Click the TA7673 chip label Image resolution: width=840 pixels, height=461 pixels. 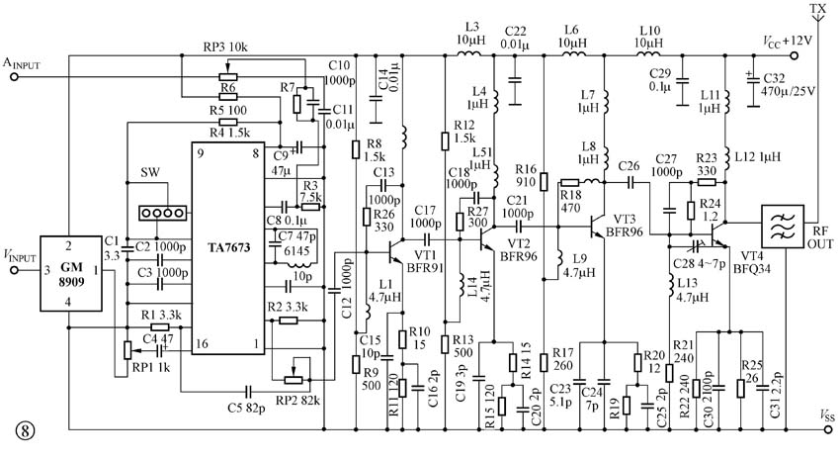pyautogui.click(x=228, y=247)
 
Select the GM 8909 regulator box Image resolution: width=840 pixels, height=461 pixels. pyautogui.click(x=71, y=273)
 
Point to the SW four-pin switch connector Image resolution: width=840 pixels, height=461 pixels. pyautogui.click(x=163, y=213)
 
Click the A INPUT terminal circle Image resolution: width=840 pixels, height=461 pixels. pyautogui.click(x=15, y=76)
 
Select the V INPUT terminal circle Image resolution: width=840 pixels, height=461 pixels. pyautogui.click(x=15, y=270)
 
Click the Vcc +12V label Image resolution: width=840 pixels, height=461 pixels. pyautogui.click(x=788, y=42)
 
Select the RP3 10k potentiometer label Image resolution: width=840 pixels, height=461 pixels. pyautogui.click(x=225, y=47)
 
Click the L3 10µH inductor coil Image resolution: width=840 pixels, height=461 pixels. pyautogui.click(x=469, y=53)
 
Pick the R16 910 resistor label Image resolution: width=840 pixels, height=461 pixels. pyautogui.click(x=526, y=176)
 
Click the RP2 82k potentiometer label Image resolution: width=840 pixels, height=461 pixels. pyautogui.click(x=297, y=401)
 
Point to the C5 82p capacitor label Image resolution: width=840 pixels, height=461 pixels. pyautogui.click(x=246, y=408)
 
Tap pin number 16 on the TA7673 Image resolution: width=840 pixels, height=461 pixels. pyautogui.click(x=202, y=343)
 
